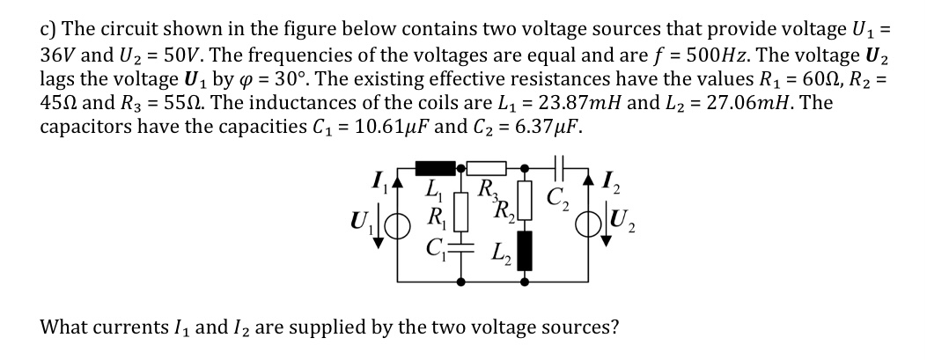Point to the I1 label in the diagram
click(376, 186)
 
